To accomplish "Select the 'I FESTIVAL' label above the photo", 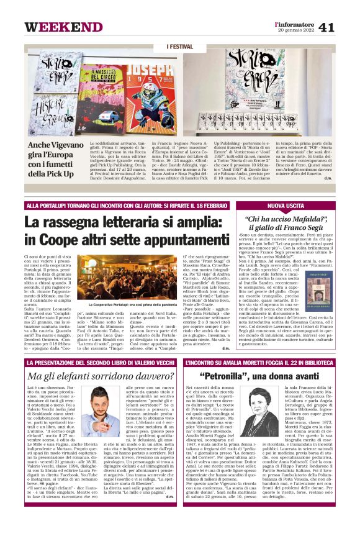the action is pos(180,47).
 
